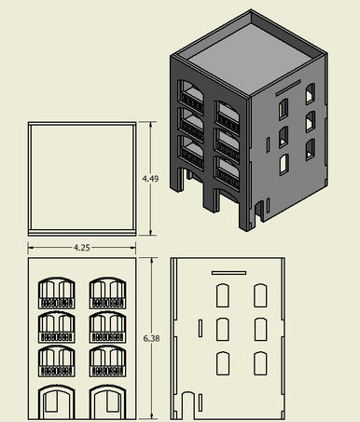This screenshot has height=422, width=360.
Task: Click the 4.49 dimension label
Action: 150,179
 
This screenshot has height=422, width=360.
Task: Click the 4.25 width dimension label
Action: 82,248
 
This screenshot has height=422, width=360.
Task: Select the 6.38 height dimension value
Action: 151,338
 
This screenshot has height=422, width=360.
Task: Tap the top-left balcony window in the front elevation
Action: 57,293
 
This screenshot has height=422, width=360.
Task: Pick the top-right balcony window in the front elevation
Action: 108,293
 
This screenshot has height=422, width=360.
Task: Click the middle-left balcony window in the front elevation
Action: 57,327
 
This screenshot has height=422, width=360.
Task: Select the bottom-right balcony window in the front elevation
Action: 108,361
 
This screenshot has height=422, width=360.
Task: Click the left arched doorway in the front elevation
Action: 57,402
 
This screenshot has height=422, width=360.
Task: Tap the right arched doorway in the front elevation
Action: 108,402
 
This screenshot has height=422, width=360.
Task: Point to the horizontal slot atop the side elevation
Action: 229,273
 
